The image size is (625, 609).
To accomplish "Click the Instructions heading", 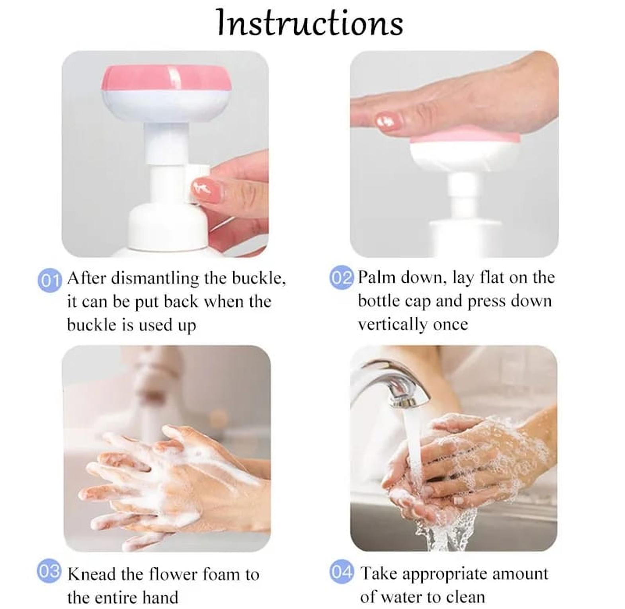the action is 310,22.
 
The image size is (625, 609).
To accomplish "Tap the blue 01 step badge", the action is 50,280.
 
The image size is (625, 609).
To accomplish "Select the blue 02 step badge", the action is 342,277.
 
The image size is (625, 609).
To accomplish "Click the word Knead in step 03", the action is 92,574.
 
